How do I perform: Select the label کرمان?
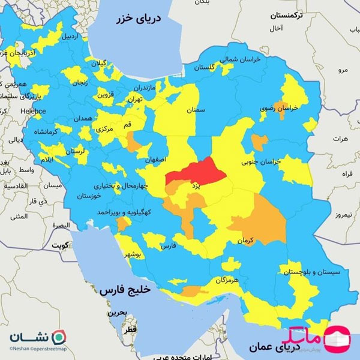pyautogui.click(x=245, y=239)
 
